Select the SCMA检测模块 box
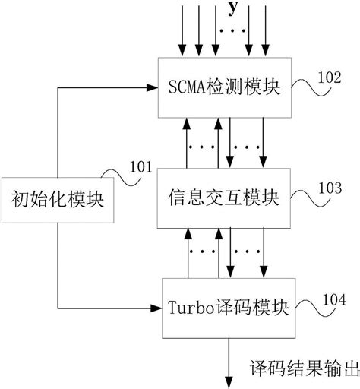217,87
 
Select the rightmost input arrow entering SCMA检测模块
266,30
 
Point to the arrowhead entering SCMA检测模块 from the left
152,87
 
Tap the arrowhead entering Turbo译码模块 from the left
158,308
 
